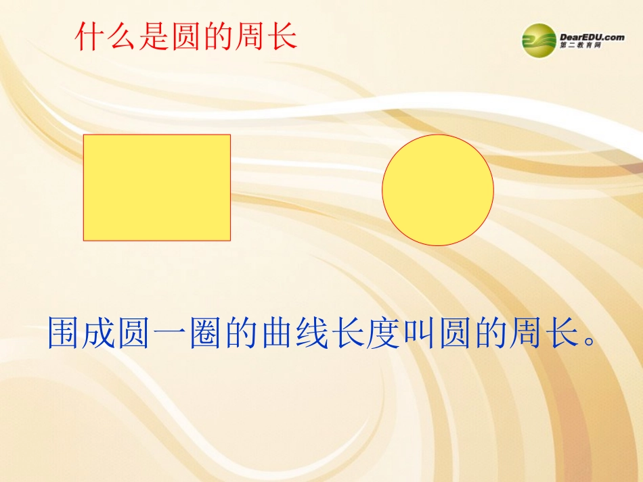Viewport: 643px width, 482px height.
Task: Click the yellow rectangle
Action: tap(157, 187)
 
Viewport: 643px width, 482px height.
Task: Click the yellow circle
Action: tap(438, 189)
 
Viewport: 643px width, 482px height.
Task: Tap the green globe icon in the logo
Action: tap(539, 41)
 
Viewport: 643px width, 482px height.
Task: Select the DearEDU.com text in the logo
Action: tap(592, 37)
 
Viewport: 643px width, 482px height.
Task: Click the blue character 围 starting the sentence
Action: tap(65, 333)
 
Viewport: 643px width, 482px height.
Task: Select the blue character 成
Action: tap(101, 333)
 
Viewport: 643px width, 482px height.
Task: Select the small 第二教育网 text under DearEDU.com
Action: tap(581, 46)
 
